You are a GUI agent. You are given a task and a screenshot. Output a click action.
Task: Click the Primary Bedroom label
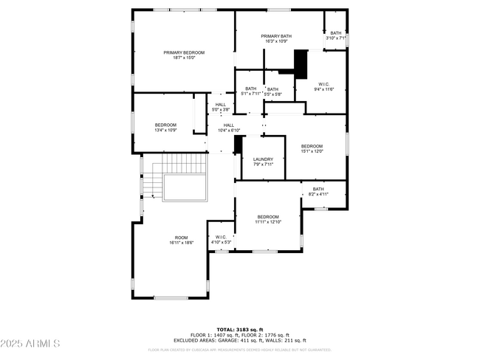pyautogui.click(x=184, y=55)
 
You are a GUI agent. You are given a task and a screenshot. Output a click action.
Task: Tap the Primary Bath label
pyautogui.click(x=277, y=39)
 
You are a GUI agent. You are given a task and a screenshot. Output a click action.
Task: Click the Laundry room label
pyautogui.click(x=263, y=162)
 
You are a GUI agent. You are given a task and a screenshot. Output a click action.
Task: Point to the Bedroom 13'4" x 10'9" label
pyautogui.click(x=165, y=128)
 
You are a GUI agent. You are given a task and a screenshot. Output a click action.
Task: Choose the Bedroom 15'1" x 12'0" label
pyautogui.click(x=312, y=149)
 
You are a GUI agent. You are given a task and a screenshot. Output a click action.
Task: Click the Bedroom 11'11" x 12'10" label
pyautogui.click(x=268, y=219)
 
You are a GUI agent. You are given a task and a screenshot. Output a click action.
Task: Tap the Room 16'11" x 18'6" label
pyautogui.click(x=181, y=240)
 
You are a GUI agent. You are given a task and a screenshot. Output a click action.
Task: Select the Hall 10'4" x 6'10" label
pyautogui.click(x=229, y=128)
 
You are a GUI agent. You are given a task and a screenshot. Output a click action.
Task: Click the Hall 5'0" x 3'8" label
pyautogui.click(x=221, y=107)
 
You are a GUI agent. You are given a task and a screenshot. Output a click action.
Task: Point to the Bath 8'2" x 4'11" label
pyautogui.click(x=318, y=192)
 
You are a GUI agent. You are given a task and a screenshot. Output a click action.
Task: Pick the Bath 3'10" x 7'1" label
pyautogui.click(x=336, y=35)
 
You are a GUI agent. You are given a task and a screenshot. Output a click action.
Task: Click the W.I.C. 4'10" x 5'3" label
pyautogui.click(x=221, y=240)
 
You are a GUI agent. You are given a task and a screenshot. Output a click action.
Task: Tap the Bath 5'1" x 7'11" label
pyautogui.click(x=251, y=91)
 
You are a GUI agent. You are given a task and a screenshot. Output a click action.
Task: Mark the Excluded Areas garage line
pyautogui.click(x=240, y=340)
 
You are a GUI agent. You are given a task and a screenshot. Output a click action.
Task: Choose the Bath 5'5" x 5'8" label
pyautogui.click(x=273, y=91)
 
